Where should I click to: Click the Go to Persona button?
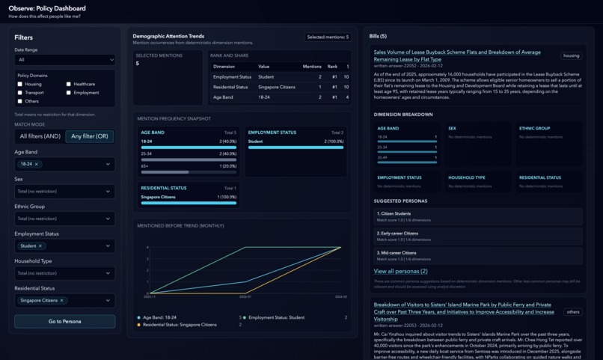tap(64, 321)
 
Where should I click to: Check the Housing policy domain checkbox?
tap(20, 85)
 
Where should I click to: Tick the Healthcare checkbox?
tap(69, 85)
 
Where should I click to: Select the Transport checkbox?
tap(20, 93)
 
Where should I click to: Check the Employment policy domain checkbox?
tap(69, 93)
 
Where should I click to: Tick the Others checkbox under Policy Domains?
tap(20, 101)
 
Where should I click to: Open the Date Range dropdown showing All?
tap(64, 60)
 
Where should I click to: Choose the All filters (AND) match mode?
tap(40, 136)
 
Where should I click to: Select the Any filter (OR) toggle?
tap(90, 136)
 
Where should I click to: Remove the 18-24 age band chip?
tap(37, 164)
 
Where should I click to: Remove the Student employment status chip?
tap(40, 246)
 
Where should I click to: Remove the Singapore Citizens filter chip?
tap(62, 300)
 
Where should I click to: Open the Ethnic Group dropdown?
tap(64, 219)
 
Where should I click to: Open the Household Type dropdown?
tap(64, 273)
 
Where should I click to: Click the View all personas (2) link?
tap(401, 271)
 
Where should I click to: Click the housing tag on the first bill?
tap(572, 55)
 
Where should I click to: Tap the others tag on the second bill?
tap(573, 312)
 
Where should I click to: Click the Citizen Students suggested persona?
tap(477, 216)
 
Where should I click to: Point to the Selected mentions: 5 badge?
tap(328, 37)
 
